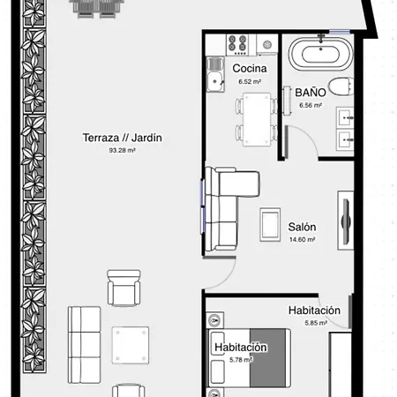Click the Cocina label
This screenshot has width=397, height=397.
coord(250,68)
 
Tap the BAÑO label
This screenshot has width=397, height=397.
coord(311,92)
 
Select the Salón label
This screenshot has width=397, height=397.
coord(303,227)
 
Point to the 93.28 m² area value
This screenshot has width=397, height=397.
coord(123,151)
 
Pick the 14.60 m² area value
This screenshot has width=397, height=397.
coord(303,240)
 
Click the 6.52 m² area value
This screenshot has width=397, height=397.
coord(250,81)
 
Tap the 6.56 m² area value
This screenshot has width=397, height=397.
coord(311,105)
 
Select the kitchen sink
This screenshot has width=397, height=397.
coord(214,82)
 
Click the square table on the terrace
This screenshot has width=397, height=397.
coord(131,343)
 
